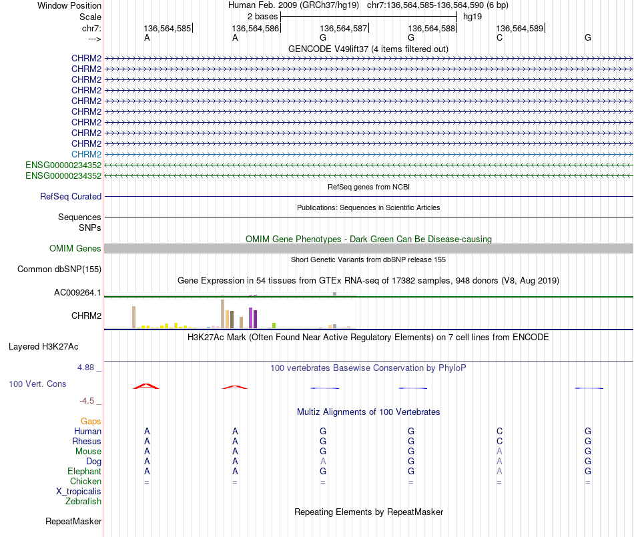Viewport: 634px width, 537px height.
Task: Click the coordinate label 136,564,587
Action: pyautogui.click(x=343, y=29)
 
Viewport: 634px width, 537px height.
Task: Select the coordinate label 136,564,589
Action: pyautogui.click(x=519, y=29)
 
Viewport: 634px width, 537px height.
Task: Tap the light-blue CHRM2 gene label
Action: pyautogui.click(x=87, y=154)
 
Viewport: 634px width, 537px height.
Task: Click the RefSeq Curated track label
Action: pyautogui.click(x=71, y=197)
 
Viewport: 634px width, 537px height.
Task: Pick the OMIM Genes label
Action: pyautogui.click(x=75, y=249)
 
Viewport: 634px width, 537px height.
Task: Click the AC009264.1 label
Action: pyautogui.click(x=77, y=292)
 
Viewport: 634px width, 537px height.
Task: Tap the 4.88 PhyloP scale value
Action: pyautogui.click(x=88, y=368)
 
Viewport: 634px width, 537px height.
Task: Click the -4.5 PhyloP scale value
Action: pyautogui.click(x=90, y=401)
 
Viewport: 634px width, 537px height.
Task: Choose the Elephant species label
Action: pyautogui.click(x=84, y=471)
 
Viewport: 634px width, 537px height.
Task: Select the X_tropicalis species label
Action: pyautogui.click(x=79, y=491)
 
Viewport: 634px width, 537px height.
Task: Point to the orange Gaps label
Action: pyautogui.click(x=91, y=421)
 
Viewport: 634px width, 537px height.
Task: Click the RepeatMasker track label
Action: pyautogui.click(x=73, y=521)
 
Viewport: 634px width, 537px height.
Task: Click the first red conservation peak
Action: pyautogui.click(x=146, y=386)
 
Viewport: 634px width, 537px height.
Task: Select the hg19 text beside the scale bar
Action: pyautogui.click(x=472, y=16)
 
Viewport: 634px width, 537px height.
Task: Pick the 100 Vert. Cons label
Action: pyautogui.click(x=37, y=384)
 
